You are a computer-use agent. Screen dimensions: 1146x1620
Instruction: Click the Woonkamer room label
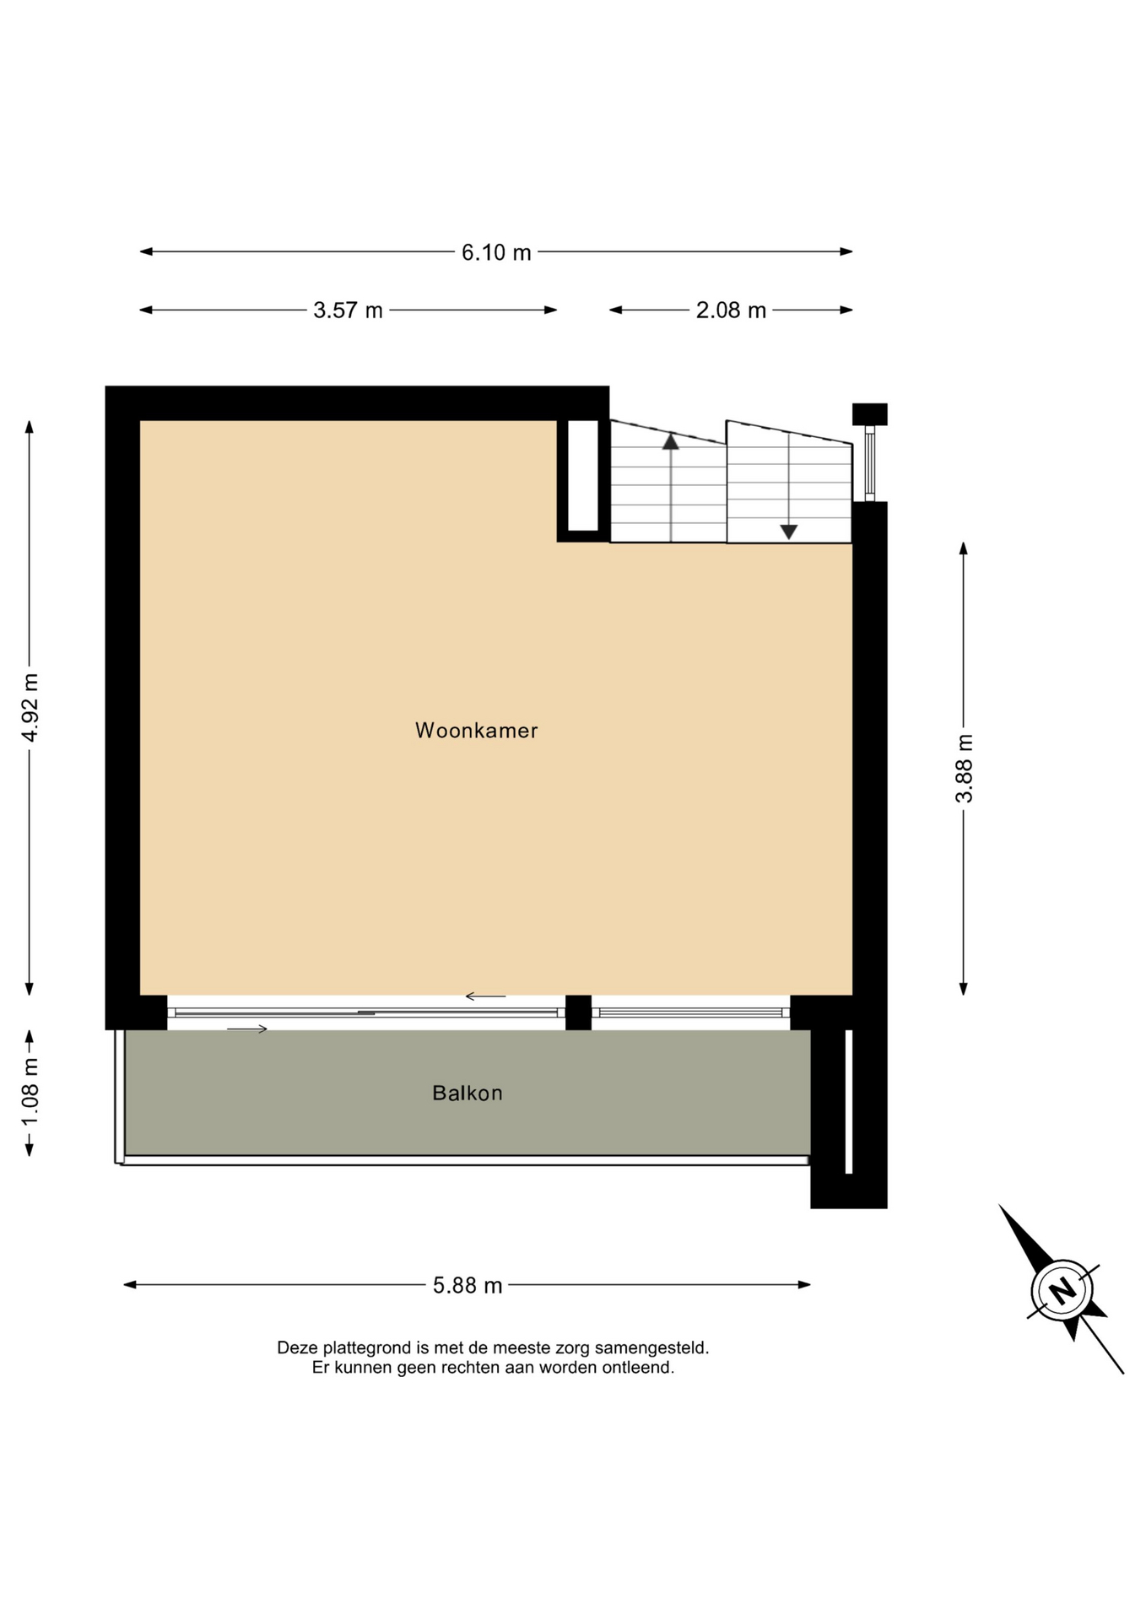[x=476, y=731]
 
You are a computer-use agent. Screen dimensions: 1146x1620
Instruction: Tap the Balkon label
[x=468, y=1093]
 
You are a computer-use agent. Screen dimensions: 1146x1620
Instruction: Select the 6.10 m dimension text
[x=496, y=252]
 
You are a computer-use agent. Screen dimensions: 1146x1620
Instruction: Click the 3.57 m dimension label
[x=348, y=310]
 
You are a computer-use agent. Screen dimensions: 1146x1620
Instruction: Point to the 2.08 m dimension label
[x=731, y=310]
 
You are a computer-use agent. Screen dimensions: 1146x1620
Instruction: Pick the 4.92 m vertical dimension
[x=30, y=708]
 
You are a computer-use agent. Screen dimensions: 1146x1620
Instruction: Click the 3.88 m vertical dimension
[x=964, y=769]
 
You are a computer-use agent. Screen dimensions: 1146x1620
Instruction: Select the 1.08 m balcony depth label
[x=30, y=1092]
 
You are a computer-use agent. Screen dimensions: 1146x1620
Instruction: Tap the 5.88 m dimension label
[x=468, y=1285]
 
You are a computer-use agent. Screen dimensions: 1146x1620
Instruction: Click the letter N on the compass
[x=1062, y=1290]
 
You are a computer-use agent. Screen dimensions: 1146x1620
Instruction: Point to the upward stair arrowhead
[x=671, y=440]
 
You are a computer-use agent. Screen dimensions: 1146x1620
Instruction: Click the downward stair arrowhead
[x=789, y=532]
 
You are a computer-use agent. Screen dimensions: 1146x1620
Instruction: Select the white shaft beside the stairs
[x=583, y=476]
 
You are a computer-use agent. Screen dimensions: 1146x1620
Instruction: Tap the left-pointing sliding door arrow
[x=485, y=996]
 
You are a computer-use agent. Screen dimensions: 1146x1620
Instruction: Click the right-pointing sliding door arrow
[x=247, y=1029]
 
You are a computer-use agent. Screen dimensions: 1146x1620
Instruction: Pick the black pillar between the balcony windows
[x=578, y=1012]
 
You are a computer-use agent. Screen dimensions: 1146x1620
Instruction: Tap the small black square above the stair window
[x=870, y=414]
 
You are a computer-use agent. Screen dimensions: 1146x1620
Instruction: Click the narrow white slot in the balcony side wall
[x=849, y=1101]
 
